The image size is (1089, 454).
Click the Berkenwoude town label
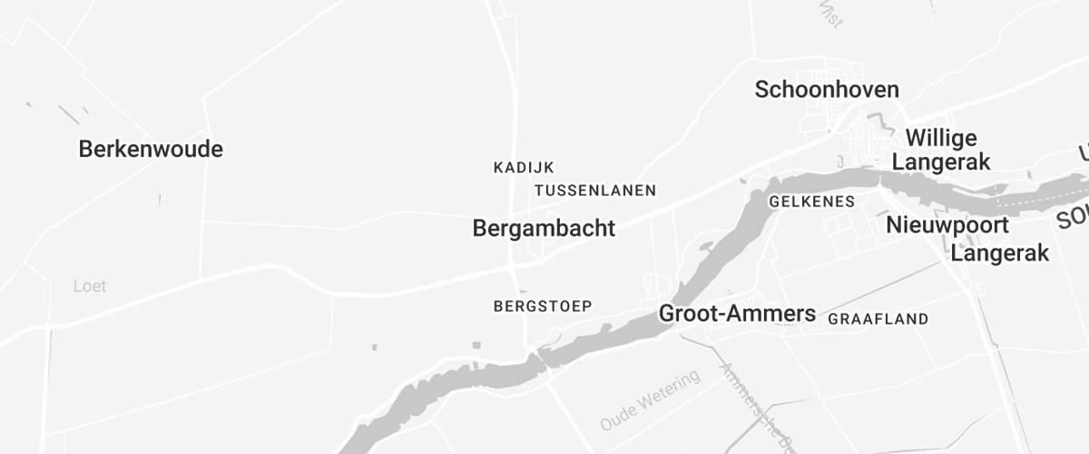point(151,149)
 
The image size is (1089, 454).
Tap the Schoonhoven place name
point(827,89)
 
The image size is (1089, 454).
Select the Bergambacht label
point(544,229)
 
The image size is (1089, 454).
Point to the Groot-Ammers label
point(737,314)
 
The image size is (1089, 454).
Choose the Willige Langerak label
point(942,150)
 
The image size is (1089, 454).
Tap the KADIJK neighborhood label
point(524,167)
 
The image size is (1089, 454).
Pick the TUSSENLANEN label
point(595,191)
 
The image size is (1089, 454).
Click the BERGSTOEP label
point(543,306)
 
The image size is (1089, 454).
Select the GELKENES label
point(811,202)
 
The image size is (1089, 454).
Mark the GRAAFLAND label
point(878,319)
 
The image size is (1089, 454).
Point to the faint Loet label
point(90,287)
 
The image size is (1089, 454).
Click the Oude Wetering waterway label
point(650,400)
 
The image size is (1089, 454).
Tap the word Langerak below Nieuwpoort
point(1000,253)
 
